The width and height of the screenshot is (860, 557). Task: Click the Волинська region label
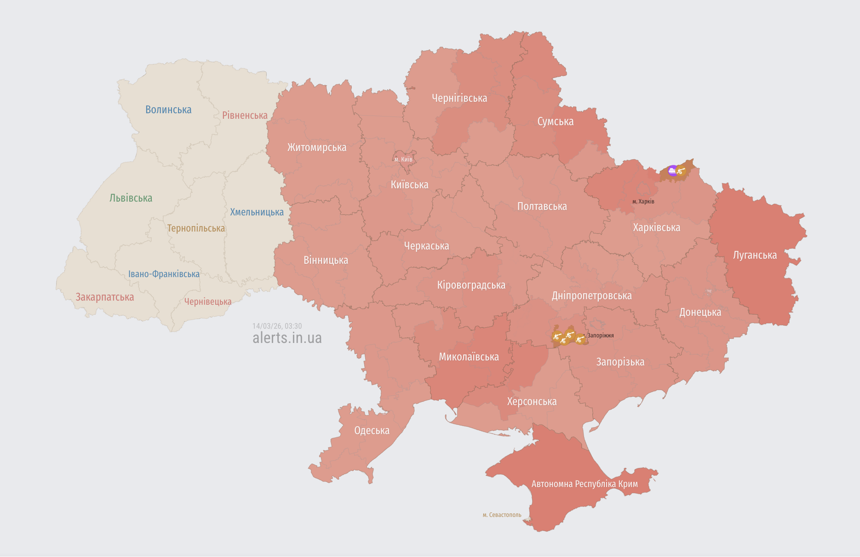click(x=168, y=110)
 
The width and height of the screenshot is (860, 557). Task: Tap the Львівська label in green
click(x=131, y=198)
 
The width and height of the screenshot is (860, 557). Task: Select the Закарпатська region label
click(x=105, y=297)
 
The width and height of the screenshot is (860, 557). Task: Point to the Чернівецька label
click(x=208, y=302)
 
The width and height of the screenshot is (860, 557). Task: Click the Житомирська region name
click(x=317, y=147)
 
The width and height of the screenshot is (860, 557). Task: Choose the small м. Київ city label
click(x=403, y=159)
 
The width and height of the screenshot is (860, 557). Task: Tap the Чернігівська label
click(x=459, y=98)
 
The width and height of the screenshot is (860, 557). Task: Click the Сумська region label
click(x=555, y=122)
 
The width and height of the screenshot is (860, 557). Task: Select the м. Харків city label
click(x=643, y=201)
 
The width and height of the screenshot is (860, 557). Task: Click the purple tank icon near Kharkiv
click(x=672, y=171)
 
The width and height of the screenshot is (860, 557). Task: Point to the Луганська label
click(x=755, y=255)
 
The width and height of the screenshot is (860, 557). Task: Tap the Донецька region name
click(x=700, y=312)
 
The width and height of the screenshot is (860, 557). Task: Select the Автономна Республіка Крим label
click(x=585, y=484)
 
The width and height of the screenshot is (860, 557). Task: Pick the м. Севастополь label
click(x=502, y=515)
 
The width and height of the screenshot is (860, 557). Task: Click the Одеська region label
click(x=372, y=430)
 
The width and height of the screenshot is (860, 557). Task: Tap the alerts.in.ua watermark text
click(x=287, y=338)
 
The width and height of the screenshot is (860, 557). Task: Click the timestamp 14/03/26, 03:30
click(x=277, y=326)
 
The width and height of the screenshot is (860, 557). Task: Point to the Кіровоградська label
click(x=471, y=285)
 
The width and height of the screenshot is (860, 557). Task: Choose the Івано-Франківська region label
click(x=164, y=274)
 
